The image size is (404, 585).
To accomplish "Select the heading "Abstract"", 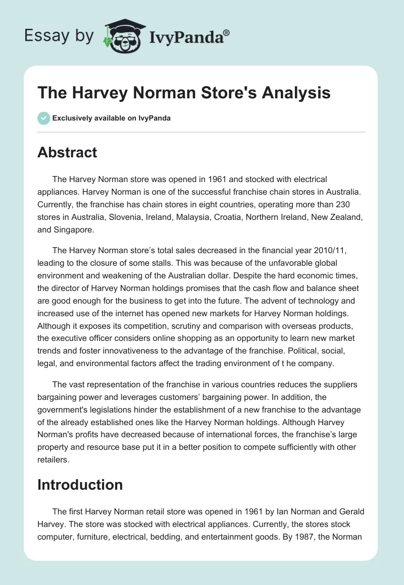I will [x=67, y=152].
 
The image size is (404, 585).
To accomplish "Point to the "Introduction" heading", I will [x=80, y=485].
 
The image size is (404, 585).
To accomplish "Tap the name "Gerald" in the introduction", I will [x=350, y=511].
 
